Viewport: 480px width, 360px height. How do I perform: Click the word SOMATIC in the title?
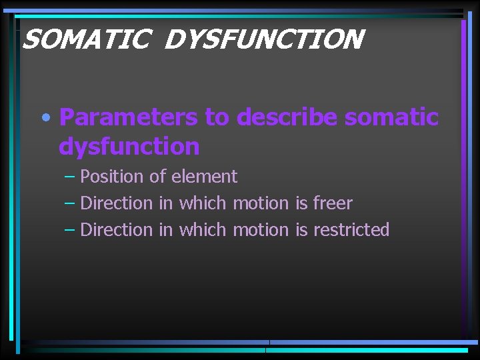click(x=85, y=39)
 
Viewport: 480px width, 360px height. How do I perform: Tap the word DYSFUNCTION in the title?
click(x=263, y=39)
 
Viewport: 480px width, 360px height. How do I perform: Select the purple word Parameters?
click(x=128, y=117)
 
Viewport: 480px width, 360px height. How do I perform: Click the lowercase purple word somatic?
click(x=392, y=117)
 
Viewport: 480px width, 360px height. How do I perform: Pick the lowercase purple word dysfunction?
click(x=129, y=147)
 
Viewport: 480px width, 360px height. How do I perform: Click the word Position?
click(x=112, y=177)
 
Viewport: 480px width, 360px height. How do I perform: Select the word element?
click(x=204, y=177)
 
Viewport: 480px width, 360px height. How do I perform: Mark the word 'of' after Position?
click(x=158, y=177)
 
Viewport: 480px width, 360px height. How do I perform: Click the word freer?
click(x=333, y=203)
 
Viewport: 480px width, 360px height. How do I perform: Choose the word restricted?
click(x=351, y=230)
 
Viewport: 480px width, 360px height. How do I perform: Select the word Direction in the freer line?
click(x=117, y=203)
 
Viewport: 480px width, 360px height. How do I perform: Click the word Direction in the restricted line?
click(x=117, y=230)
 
